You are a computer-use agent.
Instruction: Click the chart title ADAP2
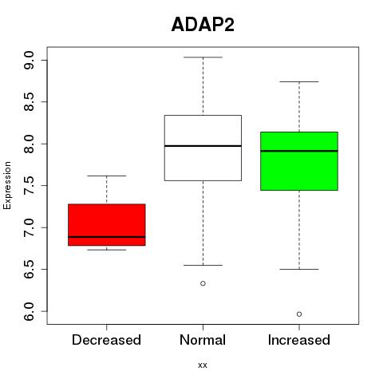point(203,25)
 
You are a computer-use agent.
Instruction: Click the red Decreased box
point(107,225)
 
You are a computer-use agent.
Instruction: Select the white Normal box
point(203,148)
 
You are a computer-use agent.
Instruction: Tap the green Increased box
point(299,161)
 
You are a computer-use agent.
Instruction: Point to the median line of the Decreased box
point(107,237)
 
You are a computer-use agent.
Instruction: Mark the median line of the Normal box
point(203,146)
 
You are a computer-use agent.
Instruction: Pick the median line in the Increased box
point(299,151)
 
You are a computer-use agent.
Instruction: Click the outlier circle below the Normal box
point(203,283)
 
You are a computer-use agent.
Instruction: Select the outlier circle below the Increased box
point(299,314)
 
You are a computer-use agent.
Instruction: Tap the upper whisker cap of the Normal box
point(203,57)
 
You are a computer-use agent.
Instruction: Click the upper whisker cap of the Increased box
point(299,81)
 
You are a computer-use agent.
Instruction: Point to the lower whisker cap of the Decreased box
point(107,250)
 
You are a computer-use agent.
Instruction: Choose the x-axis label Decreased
point(106,340)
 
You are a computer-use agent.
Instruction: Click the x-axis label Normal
point(203,340)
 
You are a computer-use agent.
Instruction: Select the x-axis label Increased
point(299,340)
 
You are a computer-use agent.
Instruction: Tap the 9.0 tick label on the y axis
point(29,61)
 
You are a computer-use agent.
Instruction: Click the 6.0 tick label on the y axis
point(29,311)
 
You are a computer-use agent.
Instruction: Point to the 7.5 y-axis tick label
point(29,186)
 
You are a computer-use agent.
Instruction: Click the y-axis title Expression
point(7,185)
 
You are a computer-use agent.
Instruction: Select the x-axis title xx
point(203,365)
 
